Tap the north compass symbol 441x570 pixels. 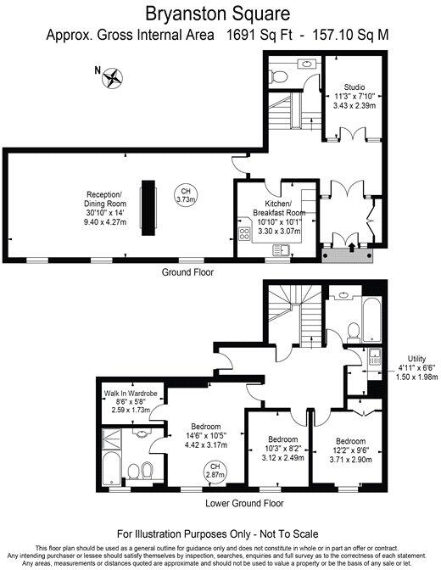pyautogui.click(x=112, y=79)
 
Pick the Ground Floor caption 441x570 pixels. pyautogui.click(x=188, y=273)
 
